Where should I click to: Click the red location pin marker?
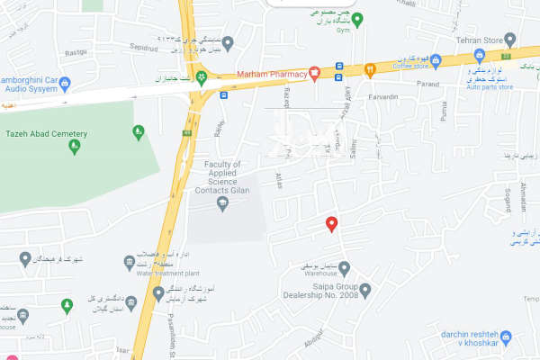pos(332,224)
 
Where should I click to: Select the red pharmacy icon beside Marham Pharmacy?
pos(314,74)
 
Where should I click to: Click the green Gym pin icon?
pos(357,20)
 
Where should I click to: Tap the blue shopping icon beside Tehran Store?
pos(510,40)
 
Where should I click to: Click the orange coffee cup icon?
pos(369,68)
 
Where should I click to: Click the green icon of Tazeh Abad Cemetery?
pos(138,132)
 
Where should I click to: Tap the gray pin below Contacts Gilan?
pos(222,204)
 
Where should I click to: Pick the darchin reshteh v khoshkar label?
pos(470,338)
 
